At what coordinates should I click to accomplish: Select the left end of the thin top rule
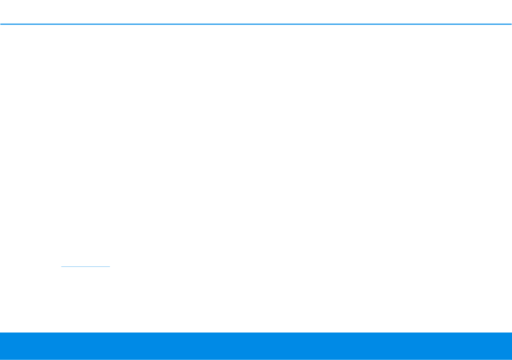(1, 24)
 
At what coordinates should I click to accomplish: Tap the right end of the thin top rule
(511, 24)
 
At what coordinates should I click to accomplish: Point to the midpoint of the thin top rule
(256, 24)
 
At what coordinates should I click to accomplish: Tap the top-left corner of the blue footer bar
(1, 333)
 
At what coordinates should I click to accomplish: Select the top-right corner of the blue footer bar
(511, 333)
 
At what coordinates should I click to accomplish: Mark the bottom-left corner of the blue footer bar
(1, 359)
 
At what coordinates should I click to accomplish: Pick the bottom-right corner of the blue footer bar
(511, 359)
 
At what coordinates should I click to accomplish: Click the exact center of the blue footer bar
(256, 346)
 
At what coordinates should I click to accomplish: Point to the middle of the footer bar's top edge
(256, 333)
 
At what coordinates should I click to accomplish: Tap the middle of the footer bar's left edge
(1, 346)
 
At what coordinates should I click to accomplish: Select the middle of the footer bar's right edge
(511, 346)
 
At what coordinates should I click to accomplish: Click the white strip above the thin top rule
(256, 11)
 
